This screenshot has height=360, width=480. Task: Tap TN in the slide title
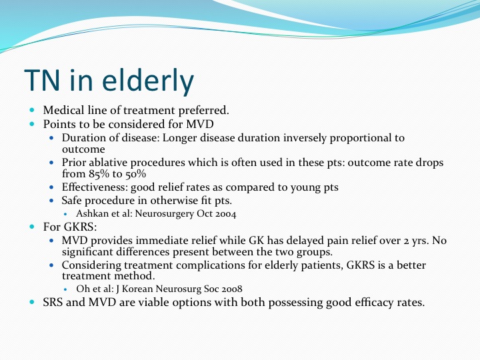tap(41, 80)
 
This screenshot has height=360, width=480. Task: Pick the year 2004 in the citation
tap(225, 214)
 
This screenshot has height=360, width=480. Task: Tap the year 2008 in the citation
tap(232, 289)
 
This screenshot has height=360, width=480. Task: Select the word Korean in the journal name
tap(137, 289)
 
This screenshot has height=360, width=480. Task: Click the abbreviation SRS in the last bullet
tap(53, 303)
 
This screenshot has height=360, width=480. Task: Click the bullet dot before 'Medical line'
tap(32, 110)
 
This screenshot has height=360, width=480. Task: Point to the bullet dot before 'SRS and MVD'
tap(32, 302)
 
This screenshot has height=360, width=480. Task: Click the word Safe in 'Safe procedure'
tap(71, 201)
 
